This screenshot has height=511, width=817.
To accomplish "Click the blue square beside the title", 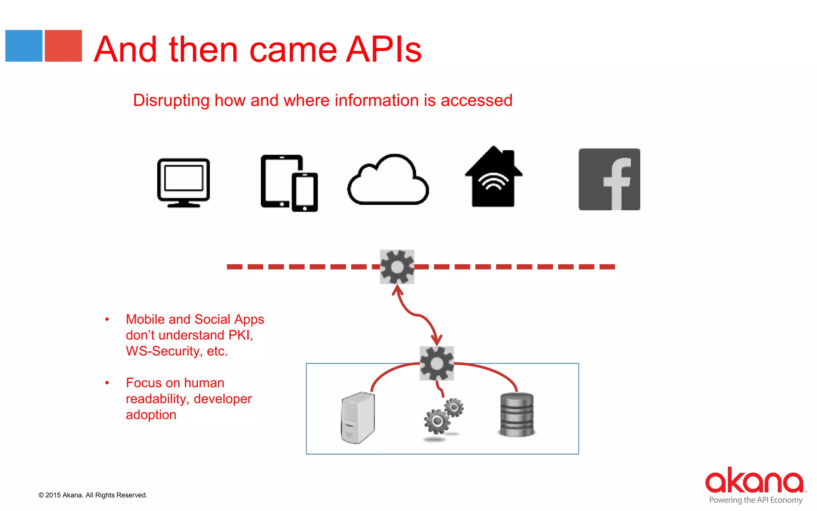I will pyautogui.click(x=24, y=46).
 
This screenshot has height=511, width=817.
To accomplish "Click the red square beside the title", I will pyautogui.click(x=63, y=46).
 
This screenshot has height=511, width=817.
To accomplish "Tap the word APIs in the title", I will pyautogui.click(x=383, y=50).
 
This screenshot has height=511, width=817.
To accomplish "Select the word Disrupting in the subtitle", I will pyautogui.click(x=171, y=101).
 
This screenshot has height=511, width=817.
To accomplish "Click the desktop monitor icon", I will pyautogui.click(x=184, y=182).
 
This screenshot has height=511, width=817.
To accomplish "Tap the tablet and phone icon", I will pyautogui.click(x=289, y=183).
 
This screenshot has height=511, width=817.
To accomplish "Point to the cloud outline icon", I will pyautogui.click(x=388, y=180).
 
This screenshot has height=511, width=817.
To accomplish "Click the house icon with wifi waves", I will pyautogui.click(x=493, y=178).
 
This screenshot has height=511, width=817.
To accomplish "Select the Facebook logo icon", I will pyautogui.click(x=609, y=179).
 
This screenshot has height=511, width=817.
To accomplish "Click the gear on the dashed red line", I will pyautogui.click(x=397, y=267).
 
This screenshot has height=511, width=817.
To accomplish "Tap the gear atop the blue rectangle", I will pyautogui.click(x=437, y=363).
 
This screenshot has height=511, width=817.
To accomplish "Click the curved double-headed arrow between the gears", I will pyautogui.click(x=417, y=315).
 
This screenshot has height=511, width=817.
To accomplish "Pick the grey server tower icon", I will pyautogui.click(x=358, y=418).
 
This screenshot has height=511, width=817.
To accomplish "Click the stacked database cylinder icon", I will pyautogui.click(x=517, y=414).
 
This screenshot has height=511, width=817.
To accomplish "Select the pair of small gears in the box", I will pyautogui.click(x=443, y=417).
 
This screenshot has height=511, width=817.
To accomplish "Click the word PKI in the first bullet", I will pyautogui.click(x=240, y=335).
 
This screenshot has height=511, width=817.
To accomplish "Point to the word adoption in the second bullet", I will pyautogui.click(x=151, y=415).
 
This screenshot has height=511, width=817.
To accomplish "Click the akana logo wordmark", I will pyautogui.click(x=754, y=481).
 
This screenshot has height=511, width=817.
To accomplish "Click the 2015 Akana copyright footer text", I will pyautogui.click(x=93, y=495).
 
